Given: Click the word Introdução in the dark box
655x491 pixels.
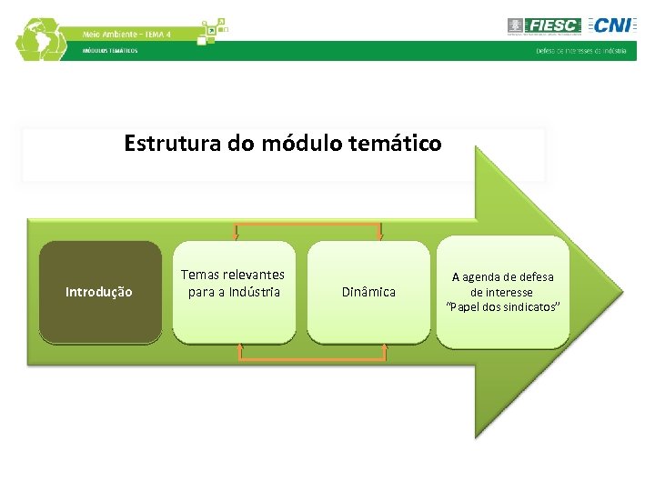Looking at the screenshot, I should [98, 292].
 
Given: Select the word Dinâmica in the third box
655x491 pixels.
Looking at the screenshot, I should [368, 292].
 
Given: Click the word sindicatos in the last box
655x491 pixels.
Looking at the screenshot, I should [527, 306].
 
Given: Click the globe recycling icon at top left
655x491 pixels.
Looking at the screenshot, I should [41, 39].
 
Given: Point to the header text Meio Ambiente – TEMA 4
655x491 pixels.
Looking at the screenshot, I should [126, 34].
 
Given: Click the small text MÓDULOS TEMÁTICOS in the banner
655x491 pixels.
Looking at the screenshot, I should [110, 51].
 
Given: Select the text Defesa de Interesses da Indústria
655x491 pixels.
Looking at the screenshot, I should [580, 51].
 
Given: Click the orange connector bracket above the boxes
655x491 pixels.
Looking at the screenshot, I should [307, 224].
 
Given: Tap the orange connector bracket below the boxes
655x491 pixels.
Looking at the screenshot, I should [312, 358].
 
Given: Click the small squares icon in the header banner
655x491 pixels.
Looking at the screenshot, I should [212, 30].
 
